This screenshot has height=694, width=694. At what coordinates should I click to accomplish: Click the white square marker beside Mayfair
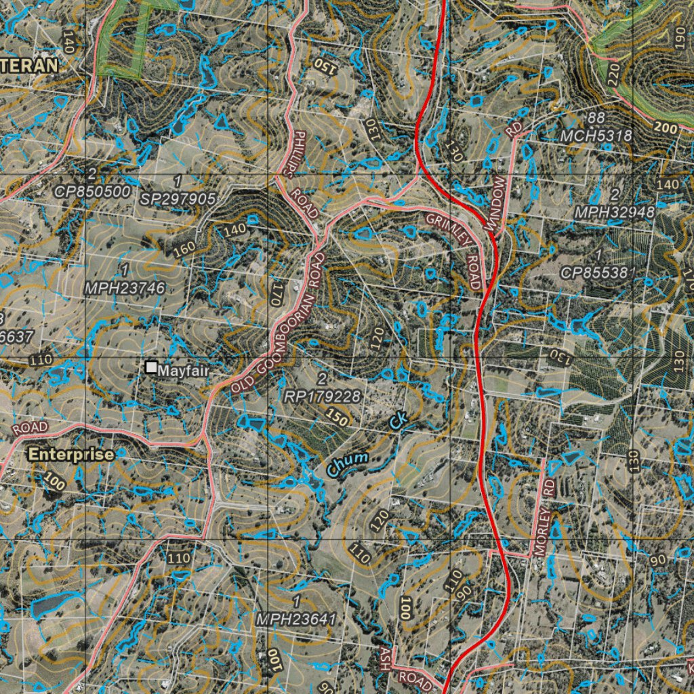pyautogui.click(x=150, y=367)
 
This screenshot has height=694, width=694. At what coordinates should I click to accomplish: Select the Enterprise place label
pyautogui.click(x=70, y=455)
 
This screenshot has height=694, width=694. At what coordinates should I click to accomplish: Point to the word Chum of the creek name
pyautogui.click(x=348, y=464)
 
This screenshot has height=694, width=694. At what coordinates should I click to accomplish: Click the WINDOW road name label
pyautogui.click(x=497, y=204)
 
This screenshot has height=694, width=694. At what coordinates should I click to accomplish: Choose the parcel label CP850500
pyautogui.click(x=92, y=192)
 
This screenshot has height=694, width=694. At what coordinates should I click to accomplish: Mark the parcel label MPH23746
pyautogui.click(x=125, y=288)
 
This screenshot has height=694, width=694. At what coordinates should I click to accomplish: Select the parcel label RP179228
pyautogui.click(x=322, y=396)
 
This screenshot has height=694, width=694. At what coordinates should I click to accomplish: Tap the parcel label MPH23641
pyautogui.click(x=295, y=619)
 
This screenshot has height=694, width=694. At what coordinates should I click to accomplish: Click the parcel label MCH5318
pyautogui.click(x=596, y=136)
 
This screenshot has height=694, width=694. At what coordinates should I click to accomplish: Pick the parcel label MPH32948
pyautogui.click(x=614, y=211)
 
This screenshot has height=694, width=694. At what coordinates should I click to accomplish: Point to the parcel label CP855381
pyautogui.click(x=598, y=272)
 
